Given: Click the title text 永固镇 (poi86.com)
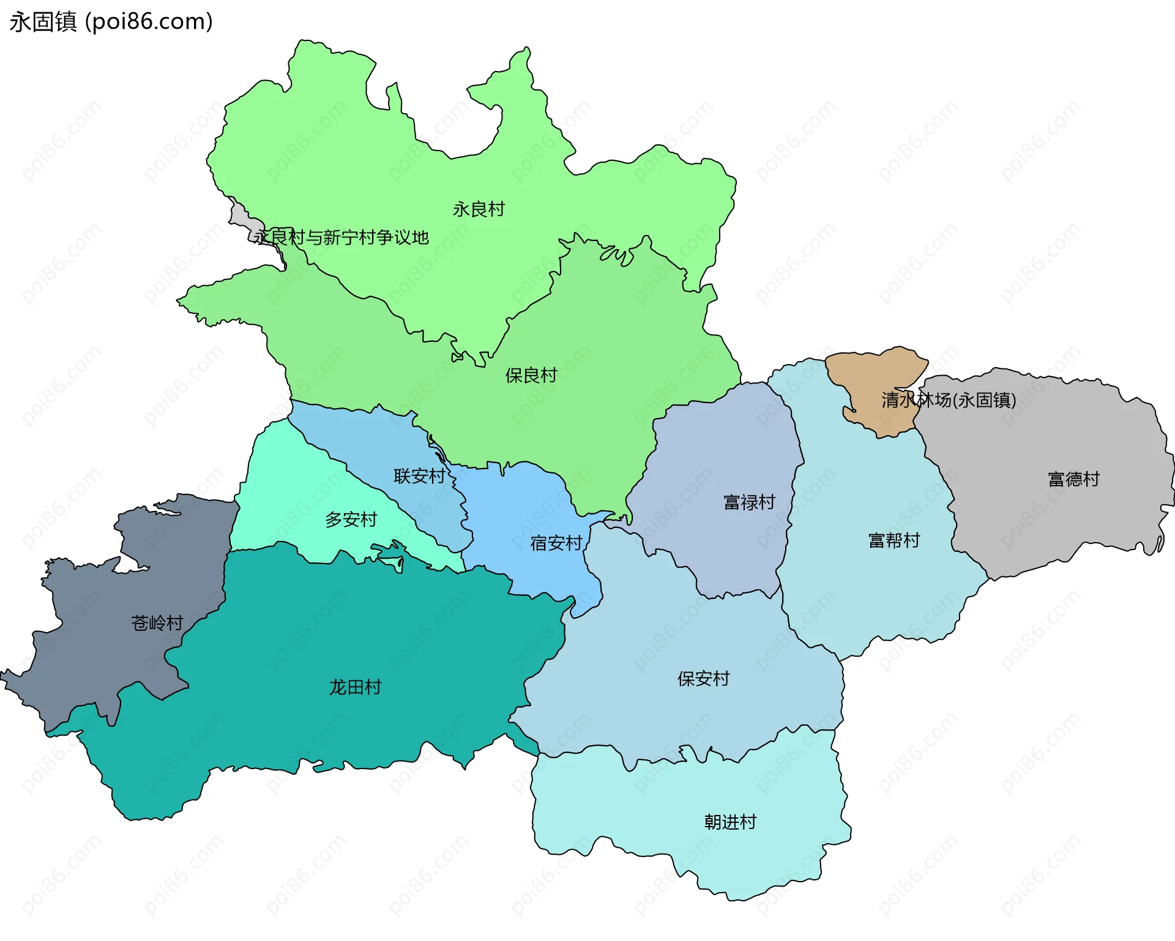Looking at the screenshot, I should point(111,21).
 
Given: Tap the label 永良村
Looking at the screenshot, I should point(479,209).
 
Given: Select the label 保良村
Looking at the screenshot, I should point(531,375).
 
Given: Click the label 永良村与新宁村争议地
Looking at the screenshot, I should point(341,237).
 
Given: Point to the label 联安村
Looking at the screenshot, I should point(419,475).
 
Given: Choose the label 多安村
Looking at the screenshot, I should point(351,519).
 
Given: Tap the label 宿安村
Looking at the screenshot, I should point(556,543).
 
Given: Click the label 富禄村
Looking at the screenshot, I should point(749,502).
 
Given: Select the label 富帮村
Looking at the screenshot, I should point(894,540).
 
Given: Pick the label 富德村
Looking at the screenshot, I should point(1073,478).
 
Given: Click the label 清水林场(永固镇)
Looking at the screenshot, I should point(949,400).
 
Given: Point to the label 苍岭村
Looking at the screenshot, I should point(157,623).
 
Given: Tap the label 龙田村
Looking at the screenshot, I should point(355,687).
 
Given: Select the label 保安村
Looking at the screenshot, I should point(703,679).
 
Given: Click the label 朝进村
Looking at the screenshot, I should point(730,822).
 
